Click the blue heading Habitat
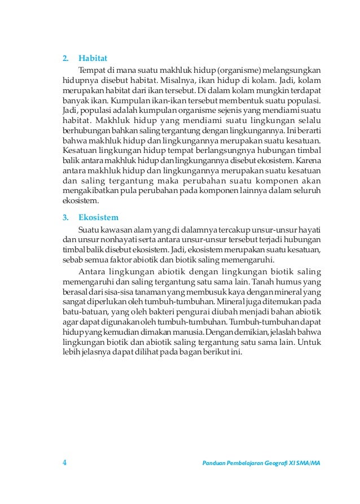point(93,58)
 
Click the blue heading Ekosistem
point(98,217)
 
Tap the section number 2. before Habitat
point(65,58)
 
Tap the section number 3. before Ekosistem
point(65,217)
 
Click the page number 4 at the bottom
point(64,463)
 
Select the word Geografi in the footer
point(275,463)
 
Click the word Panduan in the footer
point(216,463)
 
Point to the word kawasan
point(116,230)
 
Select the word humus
point(286,281)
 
